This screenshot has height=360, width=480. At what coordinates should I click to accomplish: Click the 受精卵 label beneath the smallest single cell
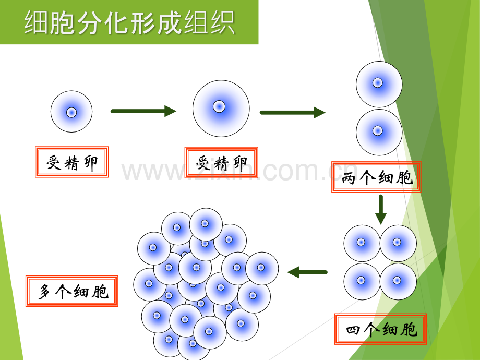coord(71,162)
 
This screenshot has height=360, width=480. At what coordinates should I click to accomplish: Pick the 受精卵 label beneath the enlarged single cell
coord(221,162)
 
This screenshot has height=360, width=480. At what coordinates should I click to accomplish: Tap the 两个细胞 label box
coord(376,177)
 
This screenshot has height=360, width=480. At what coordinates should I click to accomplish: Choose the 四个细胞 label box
coord(381,329)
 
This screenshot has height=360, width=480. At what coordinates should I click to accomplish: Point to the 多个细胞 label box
coord(72,291)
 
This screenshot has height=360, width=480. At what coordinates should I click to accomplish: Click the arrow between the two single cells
coord(143,111)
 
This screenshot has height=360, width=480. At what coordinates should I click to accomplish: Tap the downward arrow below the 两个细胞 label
coord(381,209)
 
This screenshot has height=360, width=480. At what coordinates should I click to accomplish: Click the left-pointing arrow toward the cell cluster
coord(307,272)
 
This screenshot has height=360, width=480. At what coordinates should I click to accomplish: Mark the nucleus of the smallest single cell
coord(71,112)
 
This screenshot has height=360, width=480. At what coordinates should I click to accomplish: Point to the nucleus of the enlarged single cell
coord(219,106)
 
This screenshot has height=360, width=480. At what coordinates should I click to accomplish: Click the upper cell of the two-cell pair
coord(379,83)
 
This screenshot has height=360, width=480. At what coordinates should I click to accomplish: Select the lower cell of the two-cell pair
coord(379,131)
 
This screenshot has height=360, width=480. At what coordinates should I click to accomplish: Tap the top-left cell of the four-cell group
coord(362,243)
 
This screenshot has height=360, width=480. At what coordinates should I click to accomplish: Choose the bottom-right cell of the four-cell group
coord(398,281)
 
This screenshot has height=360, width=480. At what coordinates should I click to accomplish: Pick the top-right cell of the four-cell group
coord(398,243)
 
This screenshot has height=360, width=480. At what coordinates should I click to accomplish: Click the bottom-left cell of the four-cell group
coord(362,281)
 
